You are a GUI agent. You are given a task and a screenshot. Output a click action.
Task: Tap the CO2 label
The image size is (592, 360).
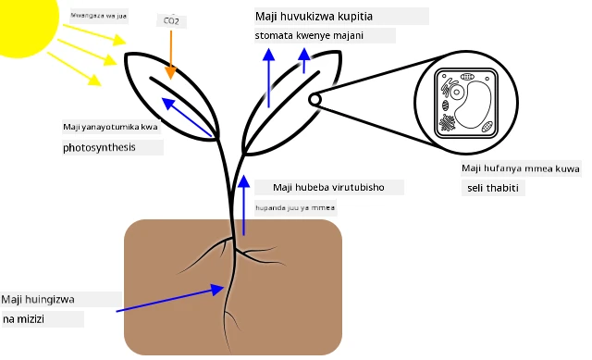pos(171,20)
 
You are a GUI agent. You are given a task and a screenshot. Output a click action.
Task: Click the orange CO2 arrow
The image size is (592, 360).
pos(170,55)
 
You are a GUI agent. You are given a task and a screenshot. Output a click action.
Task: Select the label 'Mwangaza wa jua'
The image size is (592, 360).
pos(99,16)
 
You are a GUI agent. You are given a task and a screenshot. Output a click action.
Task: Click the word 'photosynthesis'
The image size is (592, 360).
pos(99,147)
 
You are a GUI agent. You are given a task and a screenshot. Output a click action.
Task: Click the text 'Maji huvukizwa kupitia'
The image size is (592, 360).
pos(314,17)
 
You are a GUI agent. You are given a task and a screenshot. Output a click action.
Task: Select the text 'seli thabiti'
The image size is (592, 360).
pos(493,188)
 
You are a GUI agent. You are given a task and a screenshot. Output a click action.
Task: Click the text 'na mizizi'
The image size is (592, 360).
pos(23,319)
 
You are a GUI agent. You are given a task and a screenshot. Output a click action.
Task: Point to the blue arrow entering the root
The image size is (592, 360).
pos(170,298)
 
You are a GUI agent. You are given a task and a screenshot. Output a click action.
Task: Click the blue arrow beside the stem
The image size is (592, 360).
pos(244,205)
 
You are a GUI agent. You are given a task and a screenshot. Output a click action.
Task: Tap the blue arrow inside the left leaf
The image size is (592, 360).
pos(187,117)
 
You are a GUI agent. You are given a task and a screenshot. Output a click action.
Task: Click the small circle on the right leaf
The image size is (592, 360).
pos(314,100)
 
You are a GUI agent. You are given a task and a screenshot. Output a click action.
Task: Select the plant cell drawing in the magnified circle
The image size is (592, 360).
pos(466,104)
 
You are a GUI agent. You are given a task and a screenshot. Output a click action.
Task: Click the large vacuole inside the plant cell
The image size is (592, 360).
pos(473,105)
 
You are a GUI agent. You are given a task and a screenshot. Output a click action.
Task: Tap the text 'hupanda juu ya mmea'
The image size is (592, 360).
pos(295,208)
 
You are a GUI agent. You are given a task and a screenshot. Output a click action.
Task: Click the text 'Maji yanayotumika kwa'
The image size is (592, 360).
pos(110,127)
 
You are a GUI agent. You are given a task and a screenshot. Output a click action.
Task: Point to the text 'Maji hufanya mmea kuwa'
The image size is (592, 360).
pos(521,168)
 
